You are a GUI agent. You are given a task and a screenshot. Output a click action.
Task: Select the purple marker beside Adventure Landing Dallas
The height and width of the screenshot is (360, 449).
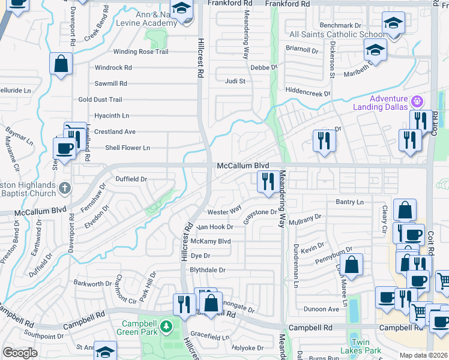click(418, 100)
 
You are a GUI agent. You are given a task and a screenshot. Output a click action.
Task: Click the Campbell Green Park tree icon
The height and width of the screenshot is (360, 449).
click(169, 327)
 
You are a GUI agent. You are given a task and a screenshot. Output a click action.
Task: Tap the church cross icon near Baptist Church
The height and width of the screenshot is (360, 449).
click(65, 188)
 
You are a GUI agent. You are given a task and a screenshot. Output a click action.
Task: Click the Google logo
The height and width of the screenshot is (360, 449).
click(20, 353)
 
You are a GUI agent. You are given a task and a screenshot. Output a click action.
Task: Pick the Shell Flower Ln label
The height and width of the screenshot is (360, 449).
click(127, 148)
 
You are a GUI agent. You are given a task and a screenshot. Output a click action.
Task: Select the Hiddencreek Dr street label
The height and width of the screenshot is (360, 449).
click(308, 94)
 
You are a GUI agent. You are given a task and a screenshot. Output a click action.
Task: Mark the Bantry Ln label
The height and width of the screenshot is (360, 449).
click(350, 203)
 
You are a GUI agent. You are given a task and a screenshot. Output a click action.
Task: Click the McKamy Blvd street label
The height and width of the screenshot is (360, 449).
click(210, 241)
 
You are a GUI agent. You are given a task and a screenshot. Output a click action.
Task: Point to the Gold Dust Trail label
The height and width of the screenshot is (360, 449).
click(100, 100)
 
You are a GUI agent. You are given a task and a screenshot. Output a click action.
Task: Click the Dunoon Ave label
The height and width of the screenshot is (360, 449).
click(321, 309)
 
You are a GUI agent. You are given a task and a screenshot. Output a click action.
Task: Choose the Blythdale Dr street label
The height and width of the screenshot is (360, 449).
click(207, 270)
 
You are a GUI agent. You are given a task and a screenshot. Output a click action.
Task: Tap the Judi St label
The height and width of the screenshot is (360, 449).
click(235, 81)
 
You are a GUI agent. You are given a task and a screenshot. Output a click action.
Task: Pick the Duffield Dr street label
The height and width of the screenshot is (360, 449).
click(131, 179)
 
